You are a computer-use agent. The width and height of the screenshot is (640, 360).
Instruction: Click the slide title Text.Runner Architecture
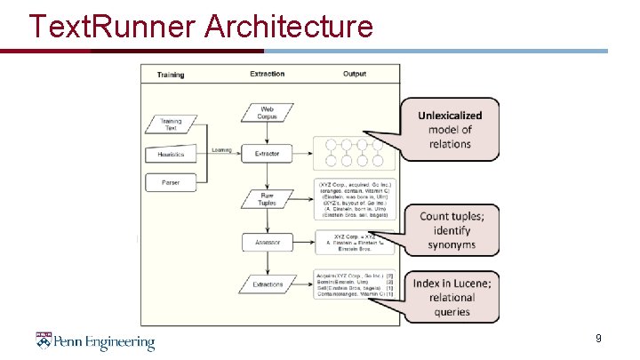pos(200,26)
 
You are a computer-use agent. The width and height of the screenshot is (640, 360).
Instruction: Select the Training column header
pos(171,75)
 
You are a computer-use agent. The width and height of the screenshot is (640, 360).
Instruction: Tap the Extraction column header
pos(267,74)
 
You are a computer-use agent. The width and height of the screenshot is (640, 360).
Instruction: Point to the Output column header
pos(355,74)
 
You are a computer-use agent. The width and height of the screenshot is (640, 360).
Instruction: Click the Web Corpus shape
pos(267,113)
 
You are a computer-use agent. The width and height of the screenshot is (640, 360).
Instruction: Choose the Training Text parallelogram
pos(170,124)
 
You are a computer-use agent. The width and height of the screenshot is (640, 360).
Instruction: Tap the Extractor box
pos(267,154)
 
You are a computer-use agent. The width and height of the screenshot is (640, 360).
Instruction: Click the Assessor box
pos(267,241)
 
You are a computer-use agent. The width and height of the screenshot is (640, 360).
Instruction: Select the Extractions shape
pos(267,284)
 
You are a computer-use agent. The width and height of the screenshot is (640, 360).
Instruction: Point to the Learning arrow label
pos(221,149)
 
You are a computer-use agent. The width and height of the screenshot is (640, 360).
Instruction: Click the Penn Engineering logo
pos(95,341)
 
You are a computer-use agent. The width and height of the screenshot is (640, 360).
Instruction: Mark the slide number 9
pos(598,339)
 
